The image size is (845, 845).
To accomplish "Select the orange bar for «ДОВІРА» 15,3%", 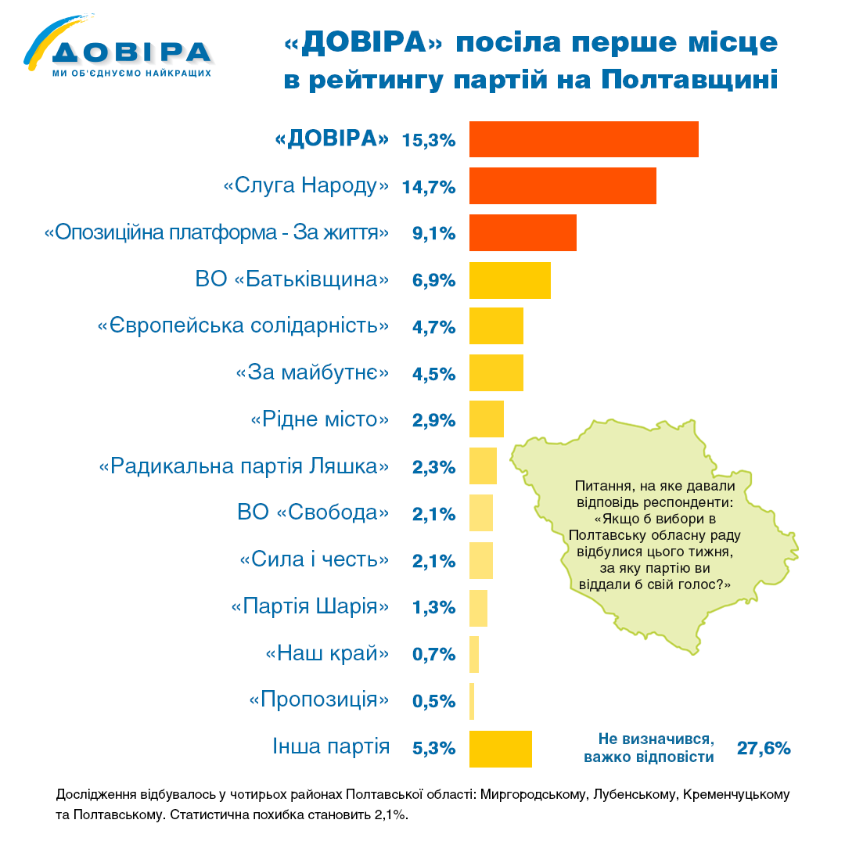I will (x=583, y=140).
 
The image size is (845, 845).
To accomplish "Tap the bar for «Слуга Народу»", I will (x=562, y=186).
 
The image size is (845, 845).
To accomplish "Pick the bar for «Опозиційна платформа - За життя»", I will (x=523, y=233).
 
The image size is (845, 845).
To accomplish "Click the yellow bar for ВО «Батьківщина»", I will (x=509, y=280).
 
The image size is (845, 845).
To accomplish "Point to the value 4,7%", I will (x=433, y=327).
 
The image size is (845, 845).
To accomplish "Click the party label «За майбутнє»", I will (x=312, y=373).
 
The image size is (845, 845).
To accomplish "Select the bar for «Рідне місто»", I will (x=486, y=420).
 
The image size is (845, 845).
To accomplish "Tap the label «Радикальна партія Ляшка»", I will (x=243, y=467).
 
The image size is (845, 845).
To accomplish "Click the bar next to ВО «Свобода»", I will (x=480, y=514).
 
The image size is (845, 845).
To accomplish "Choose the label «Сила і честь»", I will (x=314, y=560).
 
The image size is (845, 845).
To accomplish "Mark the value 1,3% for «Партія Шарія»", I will (x=433, y=608).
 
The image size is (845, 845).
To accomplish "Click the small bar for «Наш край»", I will (x=474, y=654).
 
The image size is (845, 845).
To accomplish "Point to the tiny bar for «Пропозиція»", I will (x=472, y=701).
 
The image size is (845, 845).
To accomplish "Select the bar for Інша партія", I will (x=500, y=748).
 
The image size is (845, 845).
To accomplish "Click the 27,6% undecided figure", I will (x=764, y=749).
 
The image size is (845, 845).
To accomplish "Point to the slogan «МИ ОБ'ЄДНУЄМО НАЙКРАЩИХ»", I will (x=131, y=73).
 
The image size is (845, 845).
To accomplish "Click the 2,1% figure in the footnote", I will (x=387, y=815).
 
